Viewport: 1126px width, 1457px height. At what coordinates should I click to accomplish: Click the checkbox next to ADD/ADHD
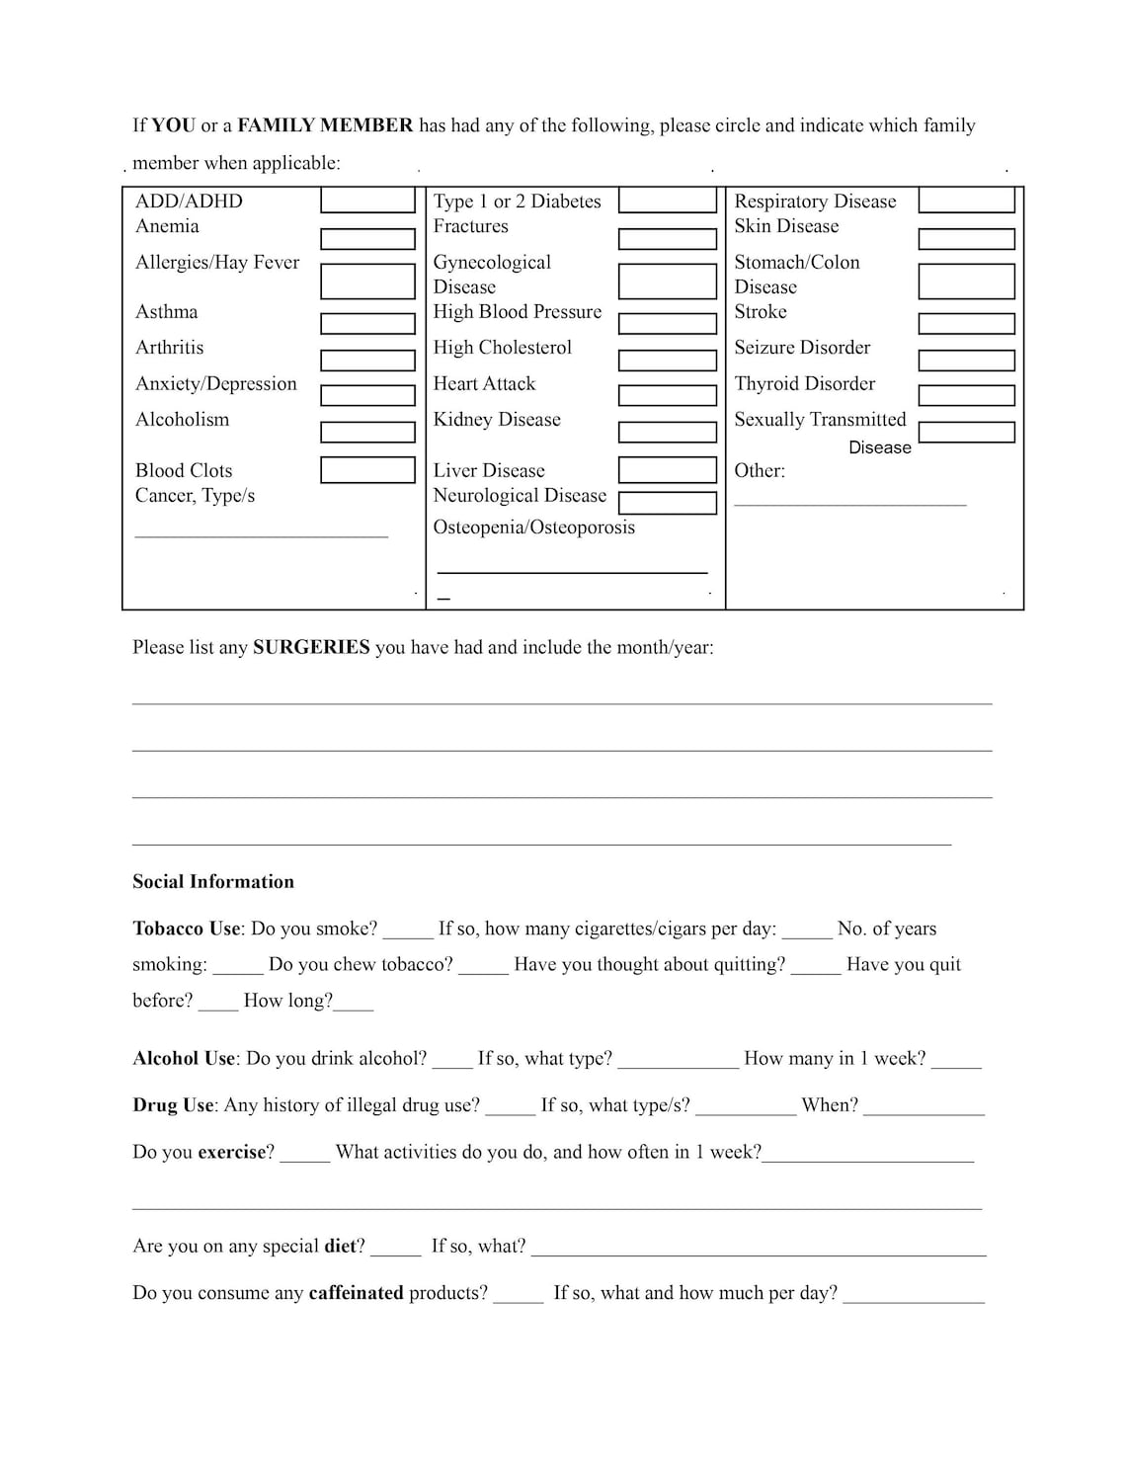coord(367,201)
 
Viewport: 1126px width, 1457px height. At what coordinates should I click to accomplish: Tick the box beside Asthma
coord(367,324)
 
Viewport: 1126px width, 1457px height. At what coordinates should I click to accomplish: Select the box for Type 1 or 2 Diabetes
coord(667,201)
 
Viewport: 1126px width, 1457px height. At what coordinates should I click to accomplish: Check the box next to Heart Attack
coord(667,395)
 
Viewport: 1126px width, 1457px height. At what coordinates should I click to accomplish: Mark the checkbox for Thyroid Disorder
coord(966,395)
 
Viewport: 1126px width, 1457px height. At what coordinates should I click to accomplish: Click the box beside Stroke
coord(966,324)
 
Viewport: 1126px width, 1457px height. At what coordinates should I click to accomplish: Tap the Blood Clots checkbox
coord(367,469)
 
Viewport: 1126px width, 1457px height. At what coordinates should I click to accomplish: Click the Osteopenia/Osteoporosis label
coord(533,527)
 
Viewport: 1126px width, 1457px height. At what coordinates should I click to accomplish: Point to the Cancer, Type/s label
coord(195,496)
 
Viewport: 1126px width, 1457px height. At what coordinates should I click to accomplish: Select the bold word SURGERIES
coord(311,648)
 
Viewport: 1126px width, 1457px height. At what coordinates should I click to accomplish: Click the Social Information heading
coord(213,882)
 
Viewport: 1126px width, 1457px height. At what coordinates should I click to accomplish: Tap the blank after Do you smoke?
coord(407,933)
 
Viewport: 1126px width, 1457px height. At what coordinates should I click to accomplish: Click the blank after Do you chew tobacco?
coord(483,969)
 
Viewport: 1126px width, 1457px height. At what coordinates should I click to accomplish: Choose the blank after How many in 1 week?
coord(955,1064)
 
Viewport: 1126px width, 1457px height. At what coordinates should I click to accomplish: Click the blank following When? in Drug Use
coord(924,1110)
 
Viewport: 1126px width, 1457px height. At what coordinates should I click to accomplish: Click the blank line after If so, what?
coord(758,1251)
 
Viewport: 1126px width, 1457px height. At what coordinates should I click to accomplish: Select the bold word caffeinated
coord(356,1293)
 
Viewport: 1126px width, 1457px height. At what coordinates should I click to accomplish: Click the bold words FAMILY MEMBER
coord(325,125)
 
